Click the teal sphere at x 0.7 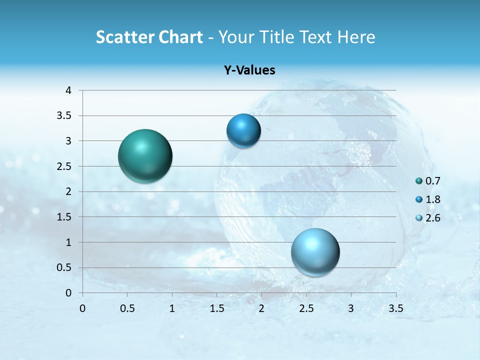tap(145, 156)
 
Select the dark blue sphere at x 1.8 tap(243, 131)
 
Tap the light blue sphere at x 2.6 tap(315, 252)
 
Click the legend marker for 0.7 tap(419, 181)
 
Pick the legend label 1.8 tap(433, 199)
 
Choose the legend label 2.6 tap(433, 218)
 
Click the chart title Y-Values tap(249, 70)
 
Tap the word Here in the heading tap(356, 37)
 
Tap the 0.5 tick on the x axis tap(127, 308)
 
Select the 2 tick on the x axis tap(261, 308)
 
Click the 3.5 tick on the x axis tap(396, 308)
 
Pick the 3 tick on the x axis tap(351, 308)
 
